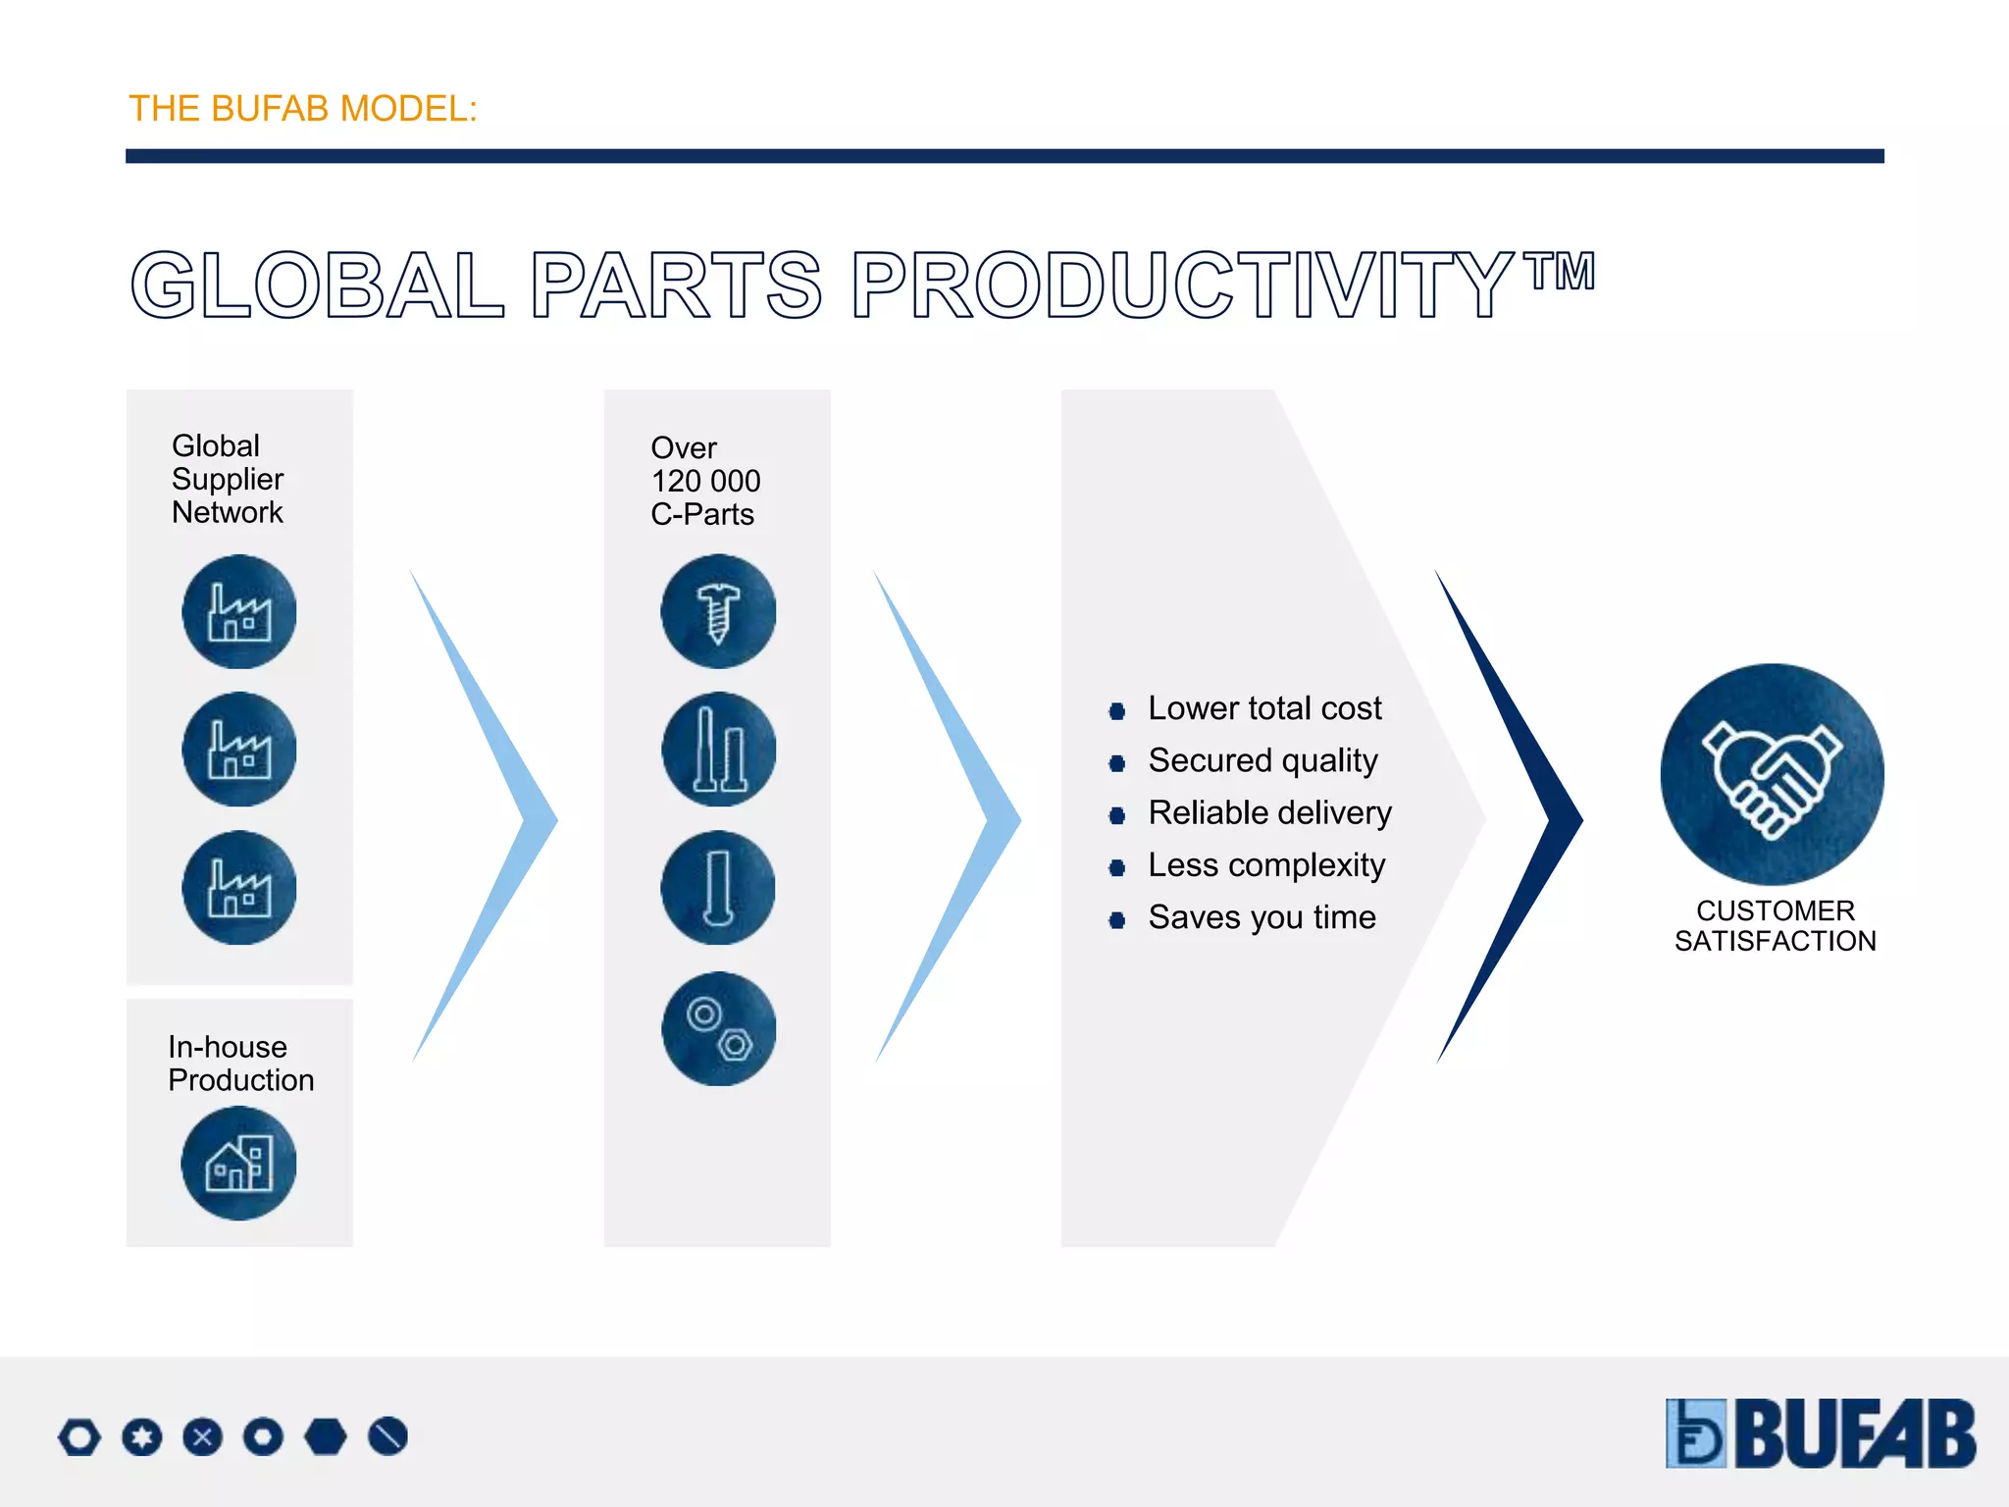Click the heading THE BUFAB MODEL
302,109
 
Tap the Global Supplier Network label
228,479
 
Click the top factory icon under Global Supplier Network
239,612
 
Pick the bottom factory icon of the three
239,888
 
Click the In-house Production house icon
238,1163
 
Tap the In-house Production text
240,1064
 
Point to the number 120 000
705,481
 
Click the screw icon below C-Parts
718,612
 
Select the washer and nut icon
718,1028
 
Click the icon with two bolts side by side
718,750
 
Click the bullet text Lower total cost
1263,708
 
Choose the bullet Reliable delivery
1269,812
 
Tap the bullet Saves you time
1262,917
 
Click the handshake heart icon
1772,775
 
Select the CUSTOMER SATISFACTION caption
1775,925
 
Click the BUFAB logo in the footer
1821,1433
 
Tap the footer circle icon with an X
203,1437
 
